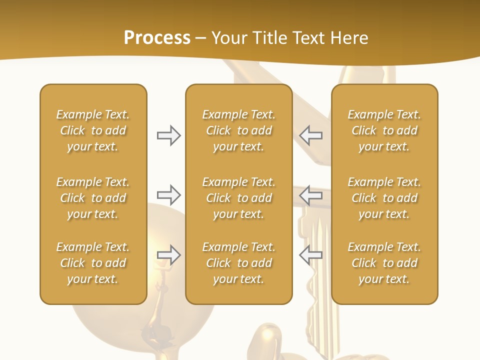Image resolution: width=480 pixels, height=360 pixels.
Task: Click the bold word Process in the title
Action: pos(157,38)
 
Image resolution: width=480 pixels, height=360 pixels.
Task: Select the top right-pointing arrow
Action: pos(169,135)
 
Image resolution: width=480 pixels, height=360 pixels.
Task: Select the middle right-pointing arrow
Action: pos(169,195)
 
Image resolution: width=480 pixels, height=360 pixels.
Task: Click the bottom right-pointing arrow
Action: pos(169,255)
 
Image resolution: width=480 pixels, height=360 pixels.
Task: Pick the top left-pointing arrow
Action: pos(310,135)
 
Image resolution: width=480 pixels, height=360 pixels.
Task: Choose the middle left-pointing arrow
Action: pos(310,195)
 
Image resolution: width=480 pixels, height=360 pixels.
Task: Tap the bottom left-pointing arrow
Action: pos(310,255)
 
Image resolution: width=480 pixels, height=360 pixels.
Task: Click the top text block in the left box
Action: pos(93,130)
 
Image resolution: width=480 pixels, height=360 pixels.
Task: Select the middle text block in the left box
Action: pos(93,198)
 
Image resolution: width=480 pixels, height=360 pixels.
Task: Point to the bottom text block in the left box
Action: pos(93,263)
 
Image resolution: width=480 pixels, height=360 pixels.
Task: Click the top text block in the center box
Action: pos(239,130)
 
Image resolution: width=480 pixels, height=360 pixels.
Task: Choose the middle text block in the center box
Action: pos(239,198)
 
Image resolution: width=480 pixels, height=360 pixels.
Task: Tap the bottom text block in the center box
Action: pos(239,263)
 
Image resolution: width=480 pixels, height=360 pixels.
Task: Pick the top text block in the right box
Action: pos(384,130)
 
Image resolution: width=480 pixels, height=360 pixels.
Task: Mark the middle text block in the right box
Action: pos(384,198)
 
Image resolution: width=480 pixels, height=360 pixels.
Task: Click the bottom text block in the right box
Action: pos(384,263)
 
